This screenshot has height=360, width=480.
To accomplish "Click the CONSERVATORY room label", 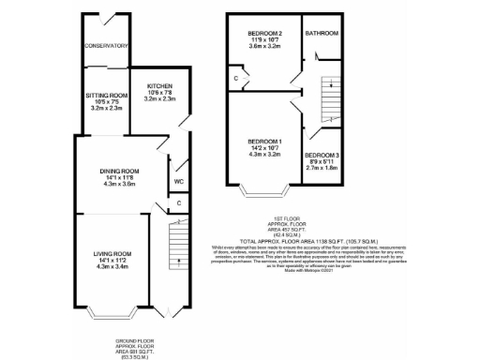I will point(105,45).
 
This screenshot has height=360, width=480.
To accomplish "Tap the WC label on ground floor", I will point(179,182).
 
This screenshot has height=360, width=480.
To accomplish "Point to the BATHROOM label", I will point(322,34).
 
